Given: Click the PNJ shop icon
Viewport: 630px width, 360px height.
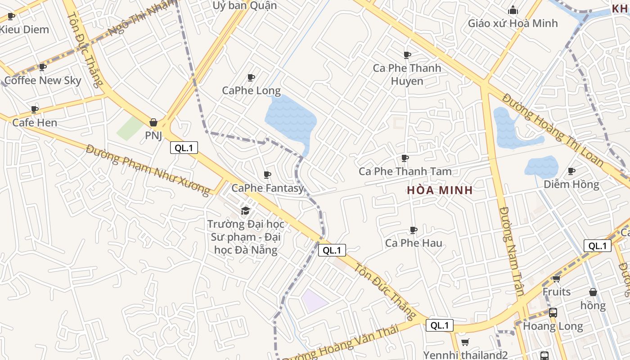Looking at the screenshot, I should coord(153,122).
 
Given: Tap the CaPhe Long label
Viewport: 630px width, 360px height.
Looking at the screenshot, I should coord(251,90).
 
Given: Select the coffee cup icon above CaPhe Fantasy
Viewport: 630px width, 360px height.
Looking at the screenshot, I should coord(267,175).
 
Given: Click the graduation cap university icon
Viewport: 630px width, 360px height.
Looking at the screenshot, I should coord(245,211).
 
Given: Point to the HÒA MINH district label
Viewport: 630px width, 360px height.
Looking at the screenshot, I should coord(440,190).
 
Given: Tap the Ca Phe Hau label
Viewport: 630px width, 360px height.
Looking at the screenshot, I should coord(414,243).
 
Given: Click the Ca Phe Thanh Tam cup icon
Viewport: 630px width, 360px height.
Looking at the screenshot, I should coord(405,158).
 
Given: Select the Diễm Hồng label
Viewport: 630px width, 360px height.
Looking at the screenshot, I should coord(571,184).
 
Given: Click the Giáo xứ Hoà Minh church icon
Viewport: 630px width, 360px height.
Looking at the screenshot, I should coord(513,10).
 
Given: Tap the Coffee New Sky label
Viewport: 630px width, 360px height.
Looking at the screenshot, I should coord(43,81).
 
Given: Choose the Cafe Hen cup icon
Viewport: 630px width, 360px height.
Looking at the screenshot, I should coord(35,109).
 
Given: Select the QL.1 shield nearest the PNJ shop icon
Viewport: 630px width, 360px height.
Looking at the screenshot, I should coord(184,148).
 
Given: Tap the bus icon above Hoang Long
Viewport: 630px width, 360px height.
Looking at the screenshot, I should coord(553,312).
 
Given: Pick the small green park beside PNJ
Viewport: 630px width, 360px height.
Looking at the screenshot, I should coord(130,128).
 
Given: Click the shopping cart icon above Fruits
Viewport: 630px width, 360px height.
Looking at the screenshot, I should coord(557,279).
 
